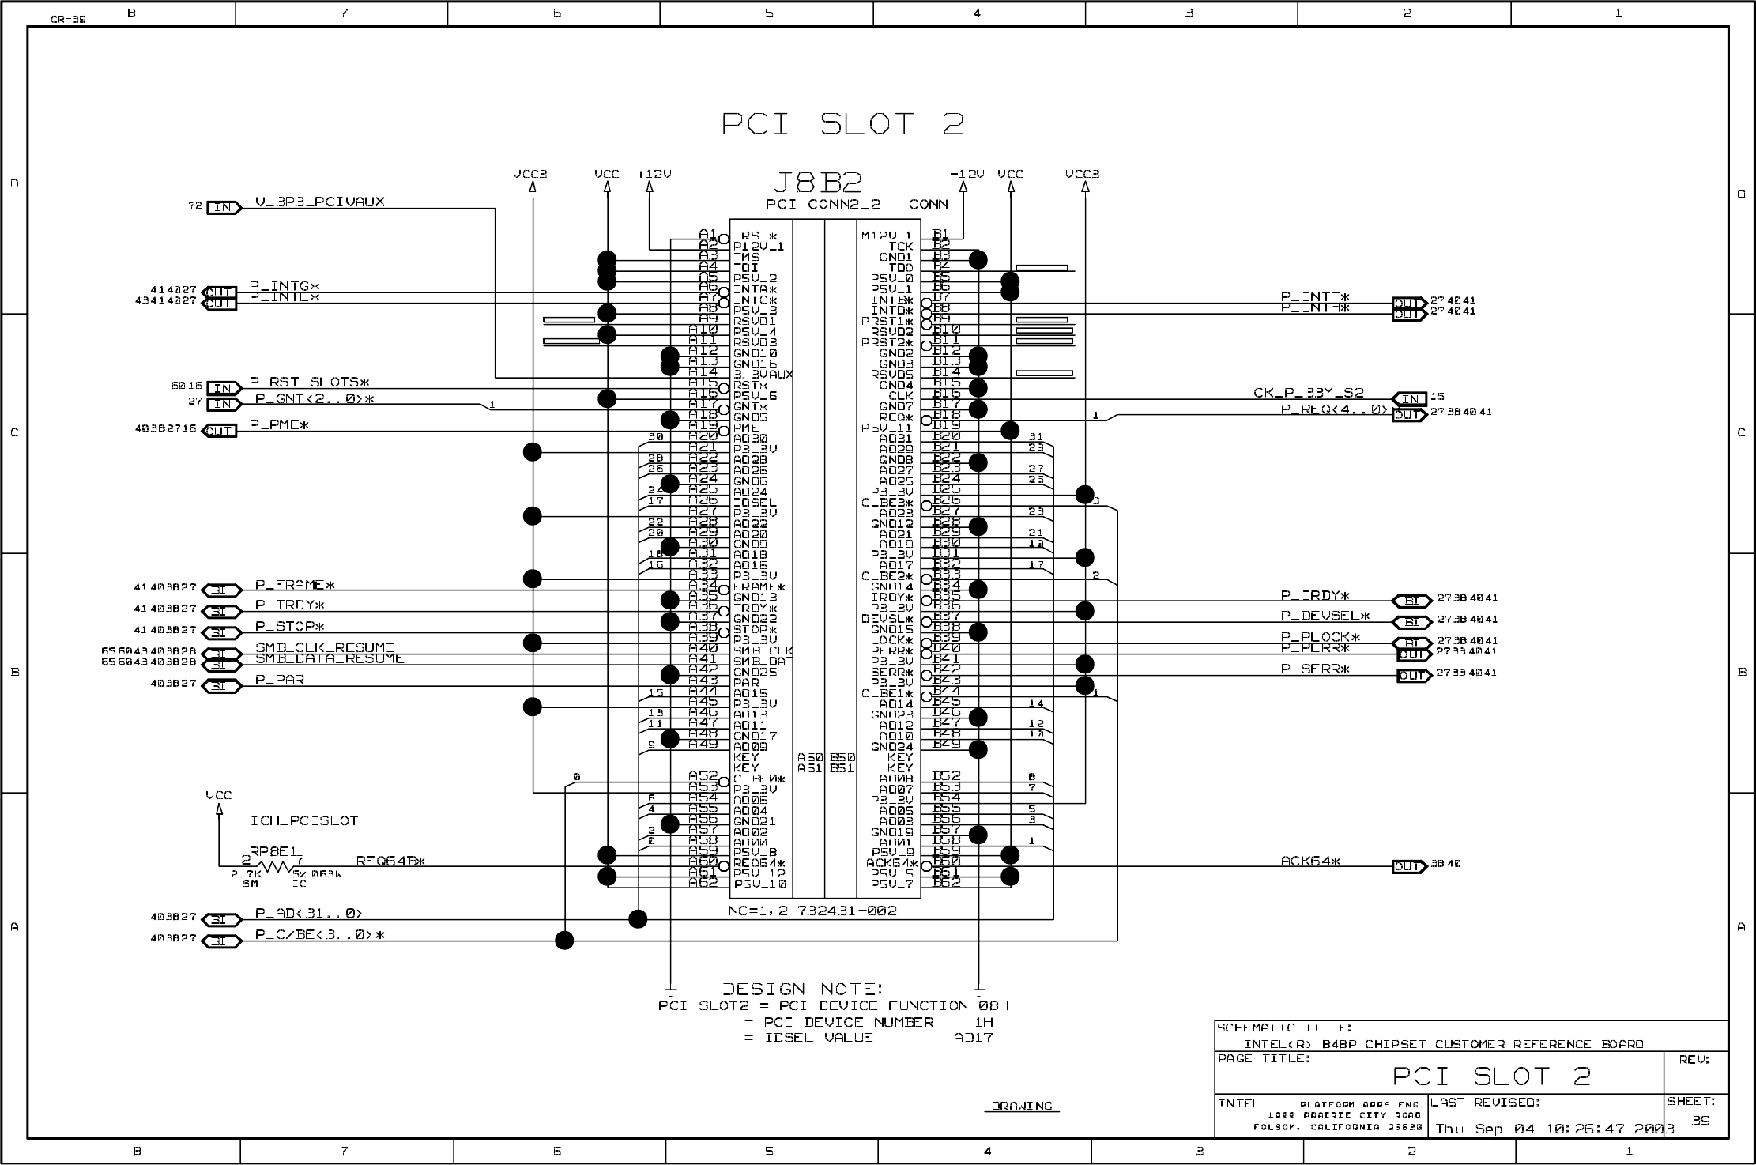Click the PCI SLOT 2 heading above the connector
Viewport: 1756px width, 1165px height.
click(842, 124)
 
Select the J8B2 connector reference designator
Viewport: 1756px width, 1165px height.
click(816, 183)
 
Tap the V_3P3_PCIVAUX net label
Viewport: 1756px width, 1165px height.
click(319, 202)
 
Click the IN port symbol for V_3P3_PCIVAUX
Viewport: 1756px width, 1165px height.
click(224, 207)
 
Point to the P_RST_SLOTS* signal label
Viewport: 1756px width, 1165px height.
click(310, 382)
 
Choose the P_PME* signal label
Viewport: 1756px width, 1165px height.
click(279, 424)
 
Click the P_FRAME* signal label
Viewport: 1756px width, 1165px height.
click(295, 585)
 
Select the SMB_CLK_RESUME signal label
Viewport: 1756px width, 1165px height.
click(324, 647)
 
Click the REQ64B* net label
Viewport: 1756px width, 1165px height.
click(390, 861)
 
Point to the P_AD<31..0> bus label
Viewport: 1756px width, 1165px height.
click(308, 913)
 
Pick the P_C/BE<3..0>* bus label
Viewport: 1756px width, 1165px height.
click(319, 935)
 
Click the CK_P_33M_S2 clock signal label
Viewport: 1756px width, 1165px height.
click(1308, 393)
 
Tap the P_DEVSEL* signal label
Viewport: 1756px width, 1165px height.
click(1325, 616)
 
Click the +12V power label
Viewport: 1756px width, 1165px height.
click(654, 174)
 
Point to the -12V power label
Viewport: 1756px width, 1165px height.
click(967, 174)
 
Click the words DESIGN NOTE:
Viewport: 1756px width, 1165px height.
click(802, 989)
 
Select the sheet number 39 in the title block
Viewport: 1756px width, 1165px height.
click(1700, 1120)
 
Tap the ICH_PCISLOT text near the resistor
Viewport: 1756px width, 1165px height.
click(304, 820)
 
